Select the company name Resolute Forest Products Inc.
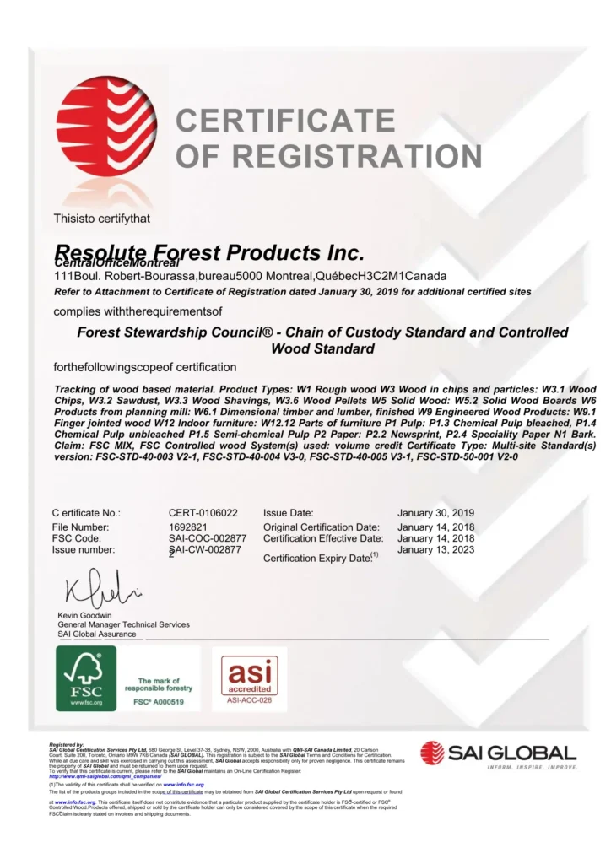click(x=209, y=253)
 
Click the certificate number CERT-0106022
click(x=203, y=512)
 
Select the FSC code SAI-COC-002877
click(x=207, y=537)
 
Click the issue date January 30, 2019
click(x=435, y=512)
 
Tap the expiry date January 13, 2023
click(x=435, y=549)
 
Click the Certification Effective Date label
click(x=323, y=537)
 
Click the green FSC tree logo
click(x=85, y=678)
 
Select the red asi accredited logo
click(x=249, y=673)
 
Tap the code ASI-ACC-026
click(x=249, y=699)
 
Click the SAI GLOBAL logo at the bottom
click(x=498, y=753)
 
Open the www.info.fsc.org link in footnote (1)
click(x=184, y=785)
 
